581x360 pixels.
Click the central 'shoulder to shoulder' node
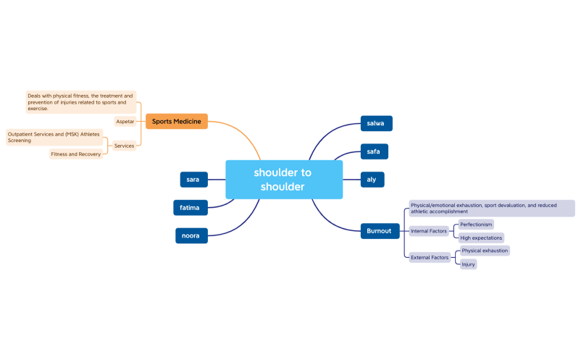point(284,180)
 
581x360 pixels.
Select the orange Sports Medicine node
point(177,121)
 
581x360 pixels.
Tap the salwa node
point(376,123)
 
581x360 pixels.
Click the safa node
point(375,151)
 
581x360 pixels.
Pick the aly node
point(372,179)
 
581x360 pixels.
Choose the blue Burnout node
point(379,231)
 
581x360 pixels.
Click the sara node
point(193,179)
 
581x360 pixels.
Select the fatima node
point(191,207)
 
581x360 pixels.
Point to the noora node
point(191,235)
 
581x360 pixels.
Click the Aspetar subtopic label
point(125,122)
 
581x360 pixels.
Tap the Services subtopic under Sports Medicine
point(124,146)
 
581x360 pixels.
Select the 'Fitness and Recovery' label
point(75,154)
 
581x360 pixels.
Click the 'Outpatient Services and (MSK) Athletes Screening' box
point(54,137)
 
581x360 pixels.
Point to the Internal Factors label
point(429,231)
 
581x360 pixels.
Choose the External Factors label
point(430,257)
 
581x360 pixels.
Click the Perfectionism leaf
point(476,225)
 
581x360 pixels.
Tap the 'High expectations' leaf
point(481,238)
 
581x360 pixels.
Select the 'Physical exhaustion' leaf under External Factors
point(485,251)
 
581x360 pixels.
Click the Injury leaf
point(468,264)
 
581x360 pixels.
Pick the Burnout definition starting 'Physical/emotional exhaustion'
point(491,209)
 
